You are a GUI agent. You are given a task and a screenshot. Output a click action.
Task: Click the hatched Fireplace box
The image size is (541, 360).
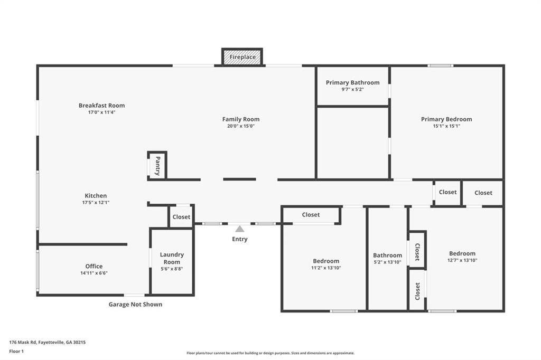[242, 57]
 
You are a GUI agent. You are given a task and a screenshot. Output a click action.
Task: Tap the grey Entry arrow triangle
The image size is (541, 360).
[240, 229]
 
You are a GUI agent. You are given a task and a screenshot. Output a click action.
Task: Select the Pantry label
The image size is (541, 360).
[157, 166]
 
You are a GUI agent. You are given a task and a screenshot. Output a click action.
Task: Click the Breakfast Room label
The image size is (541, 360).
[101, 106]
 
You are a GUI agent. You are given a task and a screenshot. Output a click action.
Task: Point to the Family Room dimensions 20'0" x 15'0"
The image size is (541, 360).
[240, 126]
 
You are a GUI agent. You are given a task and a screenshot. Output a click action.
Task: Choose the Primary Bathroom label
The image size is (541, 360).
[352, 82]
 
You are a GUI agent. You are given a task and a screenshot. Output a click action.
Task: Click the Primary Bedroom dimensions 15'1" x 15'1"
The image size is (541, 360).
[446, 126]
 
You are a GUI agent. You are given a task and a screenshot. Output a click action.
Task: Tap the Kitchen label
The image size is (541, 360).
[96, 196]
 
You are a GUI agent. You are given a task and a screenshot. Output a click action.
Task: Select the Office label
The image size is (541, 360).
[94, 266]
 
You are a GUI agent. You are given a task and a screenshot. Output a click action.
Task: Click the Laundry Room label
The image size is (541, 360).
[172, 258]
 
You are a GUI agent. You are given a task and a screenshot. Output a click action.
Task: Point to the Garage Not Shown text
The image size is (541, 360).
[135, 304]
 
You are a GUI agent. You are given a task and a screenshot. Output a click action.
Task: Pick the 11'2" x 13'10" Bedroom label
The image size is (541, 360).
[326, 261]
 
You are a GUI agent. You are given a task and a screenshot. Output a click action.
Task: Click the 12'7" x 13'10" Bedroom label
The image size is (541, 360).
[462, 253]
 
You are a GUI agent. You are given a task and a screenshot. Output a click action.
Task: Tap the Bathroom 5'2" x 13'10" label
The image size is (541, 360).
[387, 255]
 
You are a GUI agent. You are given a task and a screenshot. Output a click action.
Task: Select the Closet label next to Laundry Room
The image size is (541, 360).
[181, 217]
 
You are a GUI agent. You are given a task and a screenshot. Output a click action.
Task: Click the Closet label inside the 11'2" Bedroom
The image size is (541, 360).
[311, 215]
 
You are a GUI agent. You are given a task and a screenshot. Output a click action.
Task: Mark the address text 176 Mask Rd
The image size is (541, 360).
[48, 342]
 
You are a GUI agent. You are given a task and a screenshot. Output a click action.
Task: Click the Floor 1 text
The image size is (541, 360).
[17, 351]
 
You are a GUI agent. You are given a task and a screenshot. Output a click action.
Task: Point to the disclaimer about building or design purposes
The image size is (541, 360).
[270, 353]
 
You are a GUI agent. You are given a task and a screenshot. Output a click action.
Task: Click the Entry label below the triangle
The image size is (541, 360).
[240, 239]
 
